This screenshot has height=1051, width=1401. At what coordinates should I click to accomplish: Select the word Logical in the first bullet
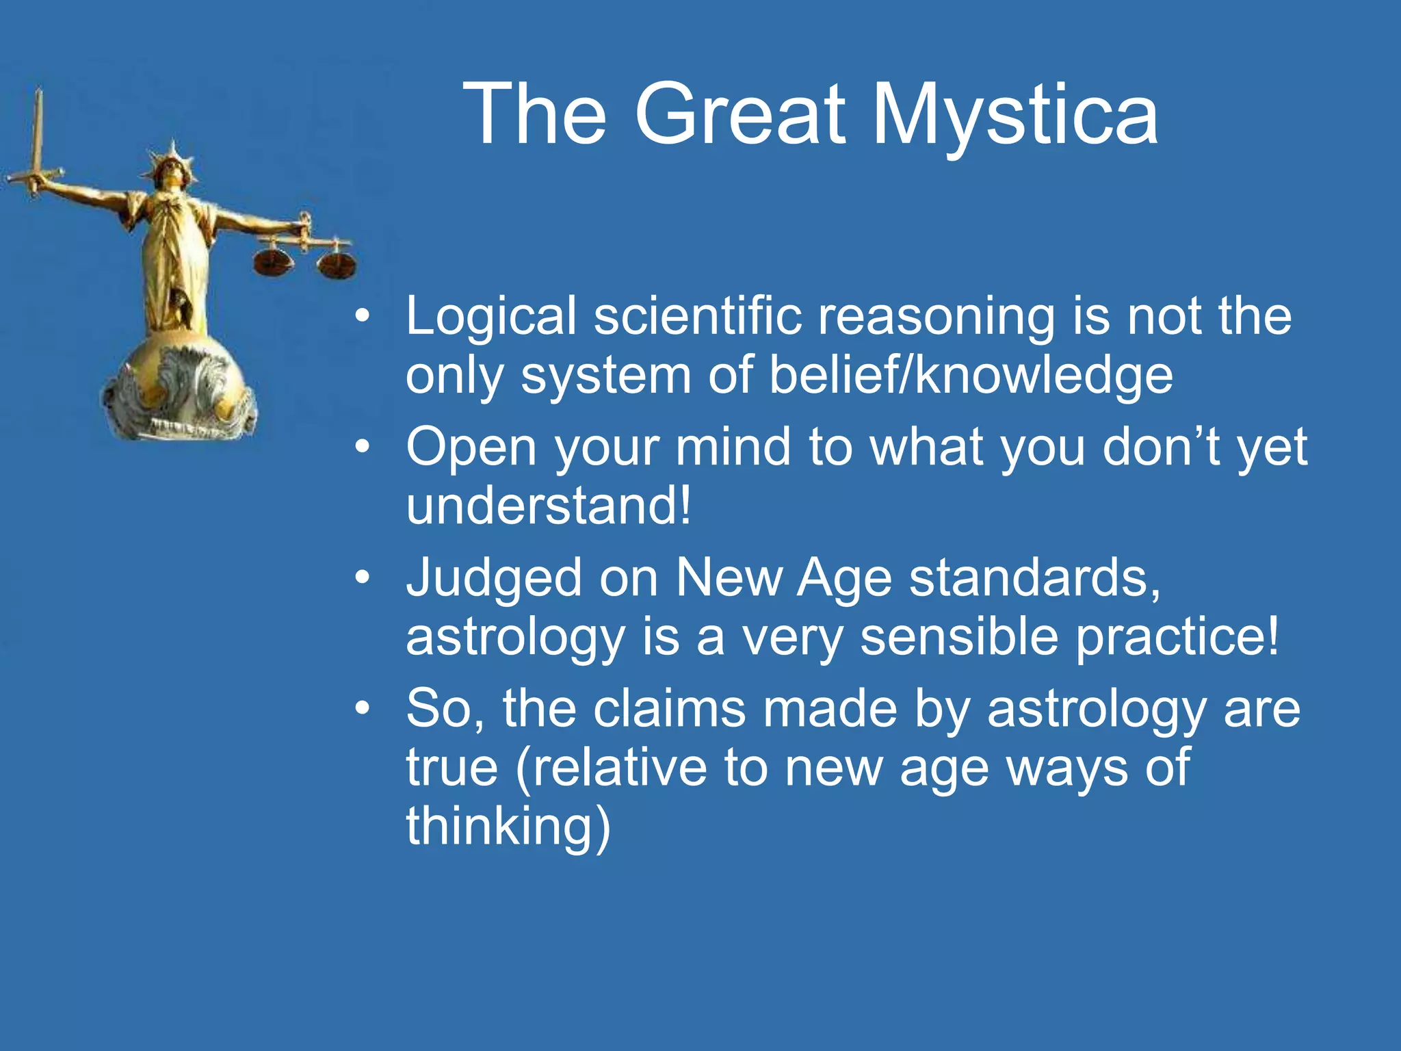pyautogui.click(x=491, y=316)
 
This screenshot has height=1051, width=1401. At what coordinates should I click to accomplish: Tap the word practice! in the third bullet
pyautogui.click(x=1176, y=636)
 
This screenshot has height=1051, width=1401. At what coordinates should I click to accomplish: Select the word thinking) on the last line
pyautogui.click(x=508, y=826)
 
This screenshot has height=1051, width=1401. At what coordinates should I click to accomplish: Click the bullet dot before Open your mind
pyautogui.click(x=363, y=447)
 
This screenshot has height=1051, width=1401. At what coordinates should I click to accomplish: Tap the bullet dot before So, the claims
pyautogui.click(x=363, y=709)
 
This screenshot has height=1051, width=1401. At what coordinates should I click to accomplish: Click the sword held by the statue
pyautogui.click(x=37, y=137)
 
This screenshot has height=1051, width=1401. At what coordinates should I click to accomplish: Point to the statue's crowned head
pyautogui.click(x=170, y=168)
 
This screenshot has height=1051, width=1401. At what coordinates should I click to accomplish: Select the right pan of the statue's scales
pyautogui.click(x=336, y=265)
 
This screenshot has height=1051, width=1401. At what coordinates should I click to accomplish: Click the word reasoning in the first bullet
pyautogui.click(x=937, y=316)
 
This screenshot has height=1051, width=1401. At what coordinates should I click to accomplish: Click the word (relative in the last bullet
pyautogui.click(x=612, y=768)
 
